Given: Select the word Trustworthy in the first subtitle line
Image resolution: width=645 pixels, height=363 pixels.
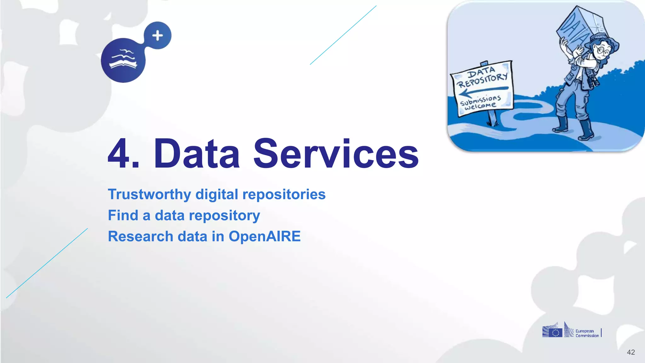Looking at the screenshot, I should [x=149, y=194].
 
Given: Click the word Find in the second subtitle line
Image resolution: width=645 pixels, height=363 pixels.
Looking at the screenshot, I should [x=123, y=216].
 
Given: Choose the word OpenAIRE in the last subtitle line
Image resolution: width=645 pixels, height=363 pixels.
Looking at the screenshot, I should [x=265, y=236].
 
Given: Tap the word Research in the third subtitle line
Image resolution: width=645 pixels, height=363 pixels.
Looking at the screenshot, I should [x=140, y=236].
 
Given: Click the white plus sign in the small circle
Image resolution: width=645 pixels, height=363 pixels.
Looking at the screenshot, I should [x=157, y=36].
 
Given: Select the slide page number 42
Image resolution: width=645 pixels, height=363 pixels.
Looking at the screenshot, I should [x=631, y=352].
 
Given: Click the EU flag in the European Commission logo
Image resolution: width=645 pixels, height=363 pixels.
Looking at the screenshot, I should [x=555, y=333].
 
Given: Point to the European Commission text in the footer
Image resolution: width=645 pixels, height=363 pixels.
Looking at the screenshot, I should [x=587, y=333].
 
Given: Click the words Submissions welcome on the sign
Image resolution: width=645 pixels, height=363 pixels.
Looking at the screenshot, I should [x=480, y=102].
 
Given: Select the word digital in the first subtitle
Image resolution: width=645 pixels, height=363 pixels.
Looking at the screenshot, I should [x=217, y=194].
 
